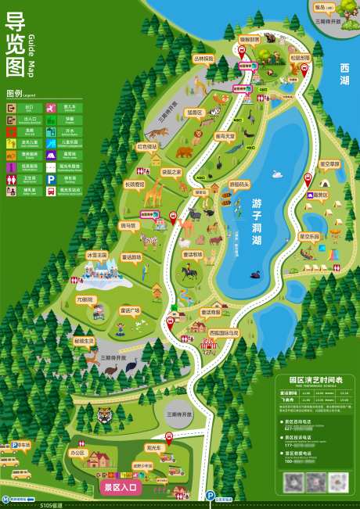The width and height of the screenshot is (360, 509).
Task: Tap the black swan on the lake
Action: (255, 274)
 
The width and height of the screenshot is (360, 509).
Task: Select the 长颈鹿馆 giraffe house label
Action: (134, 185)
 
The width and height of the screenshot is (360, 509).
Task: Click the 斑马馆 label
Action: (128, 225)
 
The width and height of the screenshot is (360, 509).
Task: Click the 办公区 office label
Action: (77, 452)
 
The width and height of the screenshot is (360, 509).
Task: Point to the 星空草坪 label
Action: (329, 164)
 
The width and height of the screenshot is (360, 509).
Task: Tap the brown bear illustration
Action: (184, 152)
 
